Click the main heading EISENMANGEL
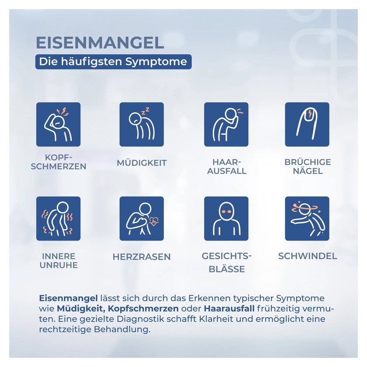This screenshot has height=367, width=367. pyautogui.click(x=100, y=43)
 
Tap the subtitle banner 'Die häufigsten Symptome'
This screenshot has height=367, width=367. pyautogui.click(x=113, y=62)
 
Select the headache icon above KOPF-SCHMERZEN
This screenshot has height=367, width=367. pyautogui.click(x=58, y=124)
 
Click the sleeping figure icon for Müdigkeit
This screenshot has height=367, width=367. pyautogui.click(x=142, y=124)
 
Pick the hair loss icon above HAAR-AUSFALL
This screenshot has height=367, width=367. pyautogui.click(x=226, y=124)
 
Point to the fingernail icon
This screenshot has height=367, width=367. pyautogui.click(x=307, y=124)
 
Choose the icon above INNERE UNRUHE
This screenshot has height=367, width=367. pyautogui.click(x=58, y=218)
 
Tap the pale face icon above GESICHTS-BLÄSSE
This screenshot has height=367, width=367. pyautogui.click(x=226, y=218)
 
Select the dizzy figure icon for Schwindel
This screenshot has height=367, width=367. pyautogui.click(x=307, y=218)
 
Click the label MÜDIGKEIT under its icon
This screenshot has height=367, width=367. pyautogui.click(x=142, y=163)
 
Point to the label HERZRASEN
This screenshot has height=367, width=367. pyautogui.click(x=142, y=257)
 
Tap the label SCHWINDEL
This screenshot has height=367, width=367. pyautogui.click(x=308, y=256)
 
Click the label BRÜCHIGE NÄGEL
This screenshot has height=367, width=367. pyautogui.click(x=308, y=166)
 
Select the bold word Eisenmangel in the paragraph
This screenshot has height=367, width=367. pyautogui.click(x=68, y=298)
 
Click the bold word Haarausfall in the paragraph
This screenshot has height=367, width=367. pyautogui.click(x=229, y=308)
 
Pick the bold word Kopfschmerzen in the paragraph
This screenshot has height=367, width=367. pyautogui.click(x=143, y=309)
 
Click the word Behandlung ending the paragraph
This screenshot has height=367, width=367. pyautogui.click(x=122, y=329)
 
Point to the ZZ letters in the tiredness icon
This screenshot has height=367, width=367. pyautogui.click(x=145, y=111)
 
